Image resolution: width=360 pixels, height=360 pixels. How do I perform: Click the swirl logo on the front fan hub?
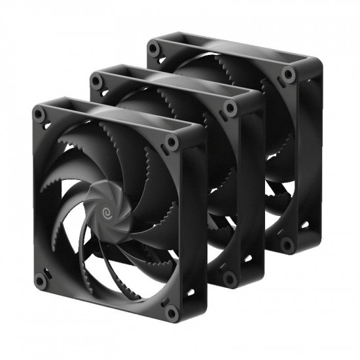[104, 211]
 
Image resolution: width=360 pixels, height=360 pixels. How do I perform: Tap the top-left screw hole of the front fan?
[40, 114]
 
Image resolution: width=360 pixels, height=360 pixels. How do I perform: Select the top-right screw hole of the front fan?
[171, 141]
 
